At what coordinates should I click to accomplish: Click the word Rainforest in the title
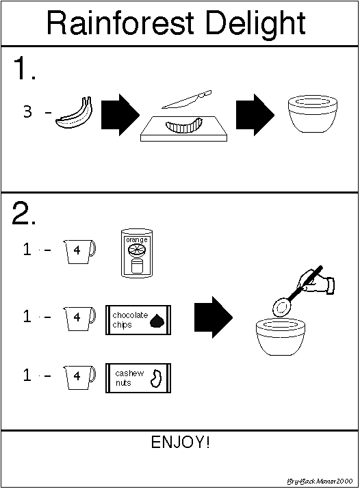(120, 23)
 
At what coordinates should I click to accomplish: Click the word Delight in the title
(255, 25)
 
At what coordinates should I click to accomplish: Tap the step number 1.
(24, 68)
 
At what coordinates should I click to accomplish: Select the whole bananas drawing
(74, 113)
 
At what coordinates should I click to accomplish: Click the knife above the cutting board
(187, 99)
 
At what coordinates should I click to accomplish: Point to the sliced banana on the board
(184, 125)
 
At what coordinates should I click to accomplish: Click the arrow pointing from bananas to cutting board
(120, 114)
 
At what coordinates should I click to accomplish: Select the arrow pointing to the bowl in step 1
(255, 114)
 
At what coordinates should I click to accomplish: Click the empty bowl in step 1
(313, 114)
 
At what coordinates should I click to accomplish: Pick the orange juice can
(137, 253)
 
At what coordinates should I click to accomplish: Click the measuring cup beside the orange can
(79, 252)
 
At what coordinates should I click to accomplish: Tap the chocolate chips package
(138, 320)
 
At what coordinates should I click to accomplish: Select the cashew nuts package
(138, 378)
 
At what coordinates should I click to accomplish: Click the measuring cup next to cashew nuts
(79, 378)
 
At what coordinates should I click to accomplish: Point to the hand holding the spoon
(317, 282)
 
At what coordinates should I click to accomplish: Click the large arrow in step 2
(214, 317)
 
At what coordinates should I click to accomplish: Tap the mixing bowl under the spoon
(281, 336)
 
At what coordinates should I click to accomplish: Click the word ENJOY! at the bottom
(180, 442)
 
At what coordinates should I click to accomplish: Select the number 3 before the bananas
(27, 111)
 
